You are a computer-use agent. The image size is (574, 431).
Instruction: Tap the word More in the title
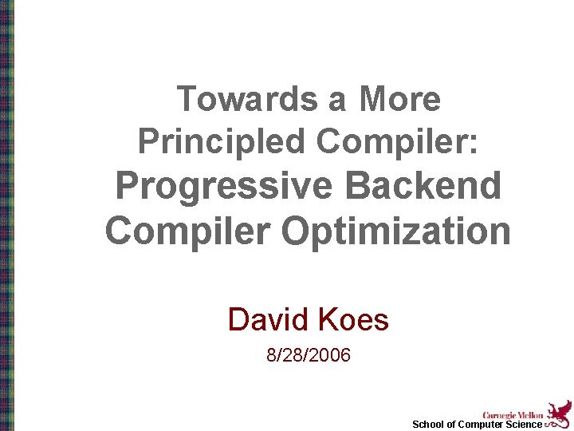coord(399,100)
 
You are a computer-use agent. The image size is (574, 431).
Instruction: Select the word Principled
coord(221,142)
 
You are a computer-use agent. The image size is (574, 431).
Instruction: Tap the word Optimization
coord(395,231)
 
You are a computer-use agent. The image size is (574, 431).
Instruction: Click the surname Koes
coord(353,320)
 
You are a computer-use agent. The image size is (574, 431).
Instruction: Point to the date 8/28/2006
coord(309,355)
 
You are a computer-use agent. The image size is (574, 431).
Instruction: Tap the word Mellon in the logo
coord(529,415)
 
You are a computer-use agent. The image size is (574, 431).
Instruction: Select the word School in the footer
coord(428,425)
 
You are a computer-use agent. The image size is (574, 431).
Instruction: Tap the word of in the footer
coord(451,425)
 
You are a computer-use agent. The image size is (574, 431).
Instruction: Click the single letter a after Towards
coord(336,100)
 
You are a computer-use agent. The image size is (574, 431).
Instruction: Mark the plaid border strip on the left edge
coord(6,215)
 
